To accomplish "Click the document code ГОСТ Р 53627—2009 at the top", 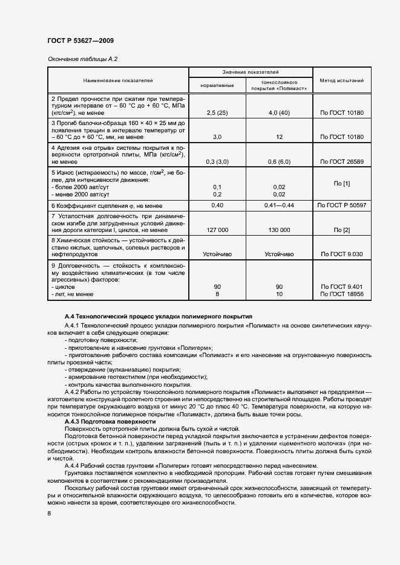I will pyautogui.click(x=80, y=40).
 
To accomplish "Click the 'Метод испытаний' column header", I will pyautogui.click(x=341, y=80).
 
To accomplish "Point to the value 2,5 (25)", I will pyautogui.click(x=217, y=113).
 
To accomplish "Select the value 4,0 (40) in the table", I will pyautogui.click(x=279, y=113).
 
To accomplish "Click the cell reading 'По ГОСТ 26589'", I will pyautogui.click(x=341, y=161).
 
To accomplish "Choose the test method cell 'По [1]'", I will pyautogui.click(x=341, y=183).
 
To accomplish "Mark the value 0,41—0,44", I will pyautogui.click(x=279, y=206).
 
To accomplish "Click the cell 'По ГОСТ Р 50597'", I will pyautogui.click(x=341, y=206).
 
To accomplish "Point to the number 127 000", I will pyautogui.click(x=217, y=230).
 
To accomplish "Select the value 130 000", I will pyautogui.click(x=279, y=230).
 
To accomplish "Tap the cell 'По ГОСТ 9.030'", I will pyautogui.click(x=341, y=254).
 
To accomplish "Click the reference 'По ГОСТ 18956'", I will pyautogui.click(x=341, y=294).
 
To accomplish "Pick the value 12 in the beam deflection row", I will pyautogui.click(x=279, y=137).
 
